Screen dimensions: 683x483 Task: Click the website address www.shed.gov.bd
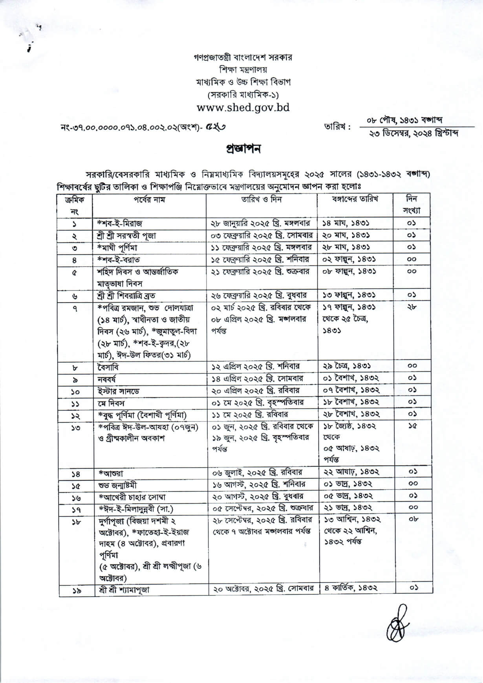point(243,108)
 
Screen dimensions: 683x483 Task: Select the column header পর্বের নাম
point(149,200)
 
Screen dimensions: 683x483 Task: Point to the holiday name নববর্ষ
point(107,379)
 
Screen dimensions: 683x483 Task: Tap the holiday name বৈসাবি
point(108,367)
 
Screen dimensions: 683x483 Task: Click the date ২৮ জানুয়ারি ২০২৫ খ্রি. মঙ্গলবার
point(261,223)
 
